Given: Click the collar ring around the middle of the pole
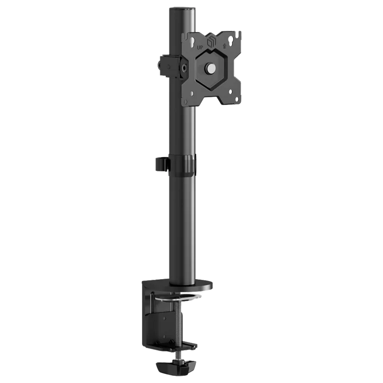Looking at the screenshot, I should point(184,164).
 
